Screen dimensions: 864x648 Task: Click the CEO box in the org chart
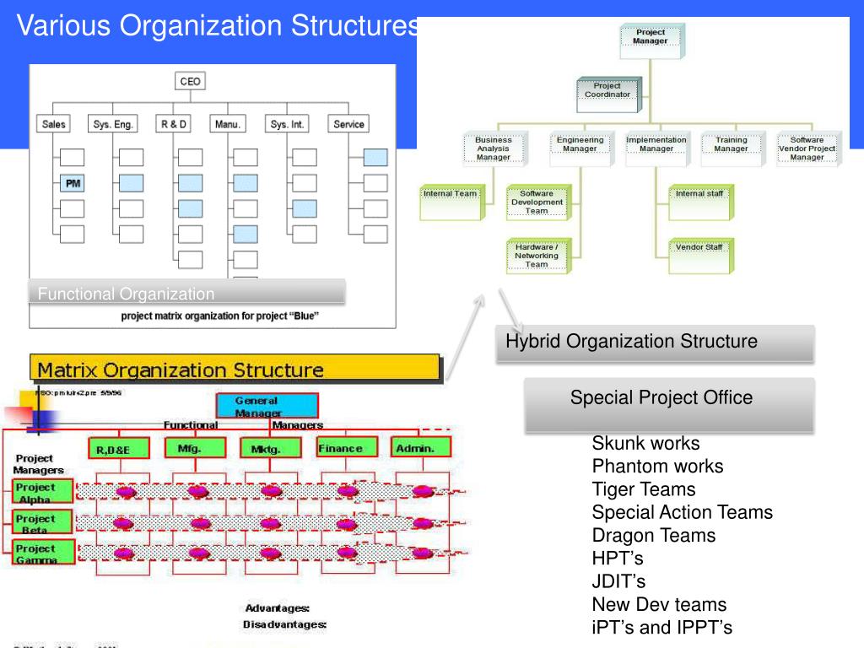pos(191,82)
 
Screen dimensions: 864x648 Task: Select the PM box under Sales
pos(73,183)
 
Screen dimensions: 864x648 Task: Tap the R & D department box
pos(174,124)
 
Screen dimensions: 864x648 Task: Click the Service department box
pos(348,124)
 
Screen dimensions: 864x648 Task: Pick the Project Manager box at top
pos(651,38)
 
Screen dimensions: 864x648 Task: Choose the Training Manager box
pos(731,145)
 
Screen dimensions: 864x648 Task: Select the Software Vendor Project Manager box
pos(807,148)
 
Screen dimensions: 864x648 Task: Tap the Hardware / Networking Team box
pos(537,255)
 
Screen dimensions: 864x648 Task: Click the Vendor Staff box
pos(699,248)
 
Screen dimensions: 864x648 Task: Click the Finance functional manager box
pos(340,448)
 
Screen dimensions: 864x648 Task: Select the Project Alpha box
pos(36,492)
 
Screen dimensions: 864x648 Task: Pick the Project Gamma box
pos(36,553)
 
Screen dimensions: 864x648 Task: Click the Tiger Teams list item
pos(644,489)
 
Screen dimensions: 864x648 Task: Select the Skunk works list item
pos(645,443)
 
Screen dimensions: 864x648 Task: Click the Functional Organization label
pos(127,294)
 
